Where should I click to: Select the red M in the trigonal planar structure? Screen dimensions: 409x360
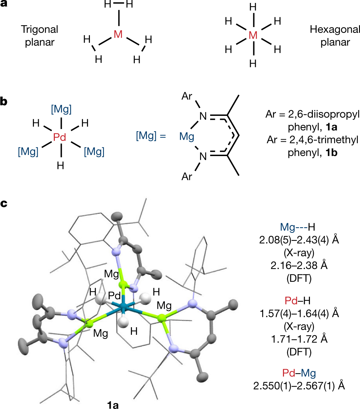tap(118, 34)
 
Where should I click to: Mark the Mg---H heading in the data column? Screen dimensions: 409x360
tap(298, 228)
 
